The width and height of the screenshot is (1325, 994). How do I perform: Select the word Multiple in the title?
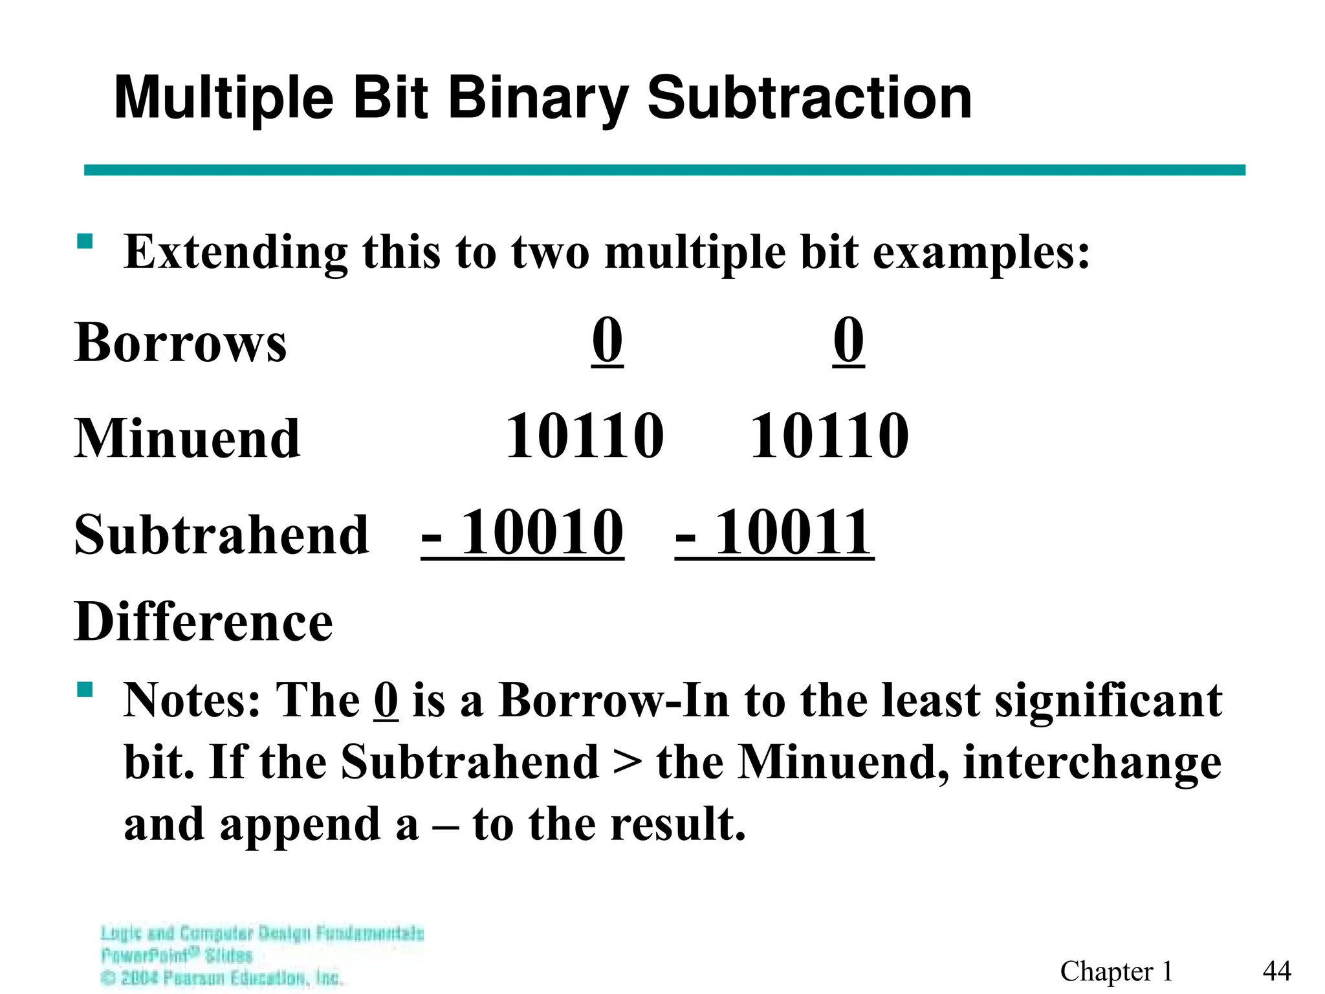[x=224, y=98]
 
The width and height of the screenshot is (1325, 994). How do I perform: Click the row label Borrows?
[x=181, y=342]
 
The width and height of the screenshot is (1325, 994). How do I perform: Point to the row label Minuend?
[x=188, y=438]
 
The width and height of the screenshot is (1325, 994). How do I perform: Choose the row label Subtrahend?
[x=221, y=535]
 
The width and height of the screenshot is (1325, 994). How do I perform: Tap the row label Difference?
[x=204, y=622]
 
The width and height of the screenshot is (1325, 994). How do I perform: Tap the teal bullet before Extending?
[x=85, y=242]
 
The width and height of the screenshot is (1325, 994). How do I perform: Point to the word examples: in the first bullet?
[x=981, y=252]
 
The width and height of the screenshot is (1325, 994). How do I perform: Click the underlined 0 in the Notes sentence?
[x=386, y=700]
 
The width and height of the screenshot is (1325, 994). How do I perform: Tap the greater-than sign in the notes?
[x=628, y=762]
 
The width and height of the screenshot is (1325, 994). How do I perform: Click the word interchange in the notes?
[x=1092, y=762]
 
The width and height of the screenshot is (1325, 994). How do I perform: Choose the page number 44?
[x=1276, y=971]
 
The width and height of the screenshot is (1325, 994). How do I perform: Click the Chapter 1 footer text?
[x=1116, y=971]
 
